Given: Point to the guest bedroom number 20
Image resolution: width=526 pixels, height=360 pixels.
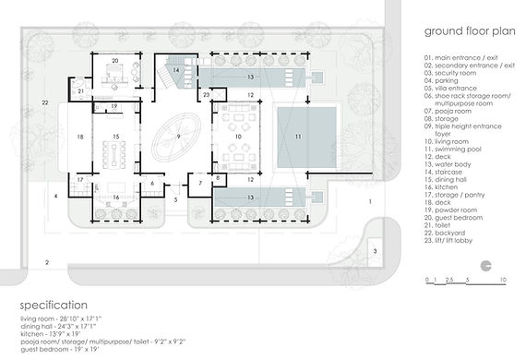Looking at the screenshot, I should click(x=115, y=62).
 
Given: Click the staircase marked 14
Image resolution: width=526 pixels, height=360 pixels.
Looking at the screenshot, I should click(x=177, y=70).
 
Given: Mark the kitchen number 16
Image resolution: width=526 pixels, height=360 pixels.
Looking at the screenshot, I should click(x=115, y=197).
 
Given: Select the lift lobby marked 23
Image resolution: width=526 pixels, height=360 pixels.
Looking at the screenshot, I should click(x=207, y=95).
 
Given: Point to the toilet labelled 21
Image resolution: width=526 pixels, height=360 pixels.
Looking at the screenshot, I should click(x=80, y=91).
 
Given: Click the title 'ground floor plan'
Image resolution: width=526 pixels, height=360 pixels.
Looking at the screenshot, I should click(x=467, y=30).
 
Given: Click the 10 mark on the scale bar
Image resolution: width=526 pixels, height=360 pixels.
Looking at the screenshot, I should click(x=501, y=278).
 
